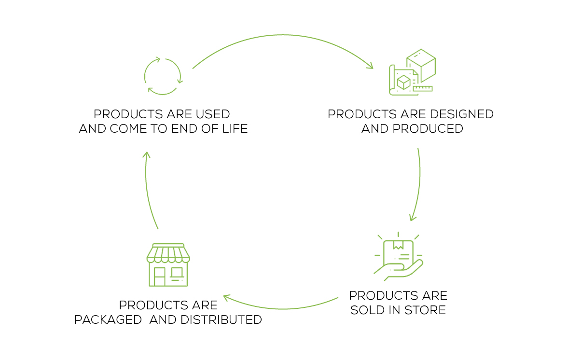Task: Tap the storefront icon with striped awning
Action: (x=168, y=265)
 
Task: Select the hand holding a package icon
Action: (x=398, y=256)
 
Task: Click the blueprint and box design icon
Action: (x=412, y=72)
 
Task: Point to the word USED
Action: (x=213, y=114)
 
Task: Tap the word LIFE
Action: (x=235, y=128)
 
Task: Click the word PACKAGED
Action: (x=108, y=320)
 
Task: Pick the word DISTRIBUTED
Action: (x=221, y=320)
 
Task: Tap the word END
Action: (x=184, y=128)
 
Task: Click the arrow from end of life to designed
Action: (x=283, y=35)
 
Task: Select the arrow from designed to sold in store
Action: (x=419, y=181)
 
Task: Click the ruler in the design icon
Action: (x=423, y=88)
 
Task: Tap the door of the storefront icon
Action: (x=159, y=277)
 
